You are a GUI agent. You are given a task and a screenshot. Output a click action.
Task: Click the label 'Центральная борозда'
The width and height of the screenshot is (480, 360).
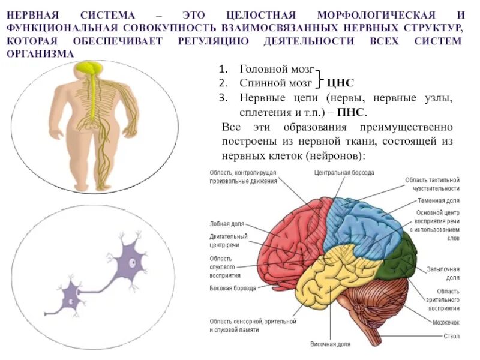click(x=344, y=172)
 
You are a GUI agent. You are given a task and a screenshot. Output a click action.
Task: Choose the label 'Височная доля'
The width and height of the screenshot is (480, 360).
click(x=329, y=344)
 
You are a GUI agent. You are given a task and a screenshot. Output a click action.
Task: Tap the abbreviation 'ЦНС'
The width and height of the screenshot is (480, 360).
click(x=342, y=83)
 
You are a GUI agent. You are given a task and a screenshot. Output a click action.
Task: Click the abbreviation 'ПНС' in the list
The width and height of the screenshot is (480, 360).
click(x=350, y=112)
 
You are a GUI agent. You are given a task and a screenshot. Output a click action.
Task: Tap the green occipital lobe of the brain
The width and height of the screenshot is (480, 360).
click(x=401, y=255)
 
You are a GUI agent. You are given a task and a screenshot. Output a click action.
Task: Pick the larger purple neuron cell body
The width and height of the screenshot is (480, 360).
click(x=133, y=259)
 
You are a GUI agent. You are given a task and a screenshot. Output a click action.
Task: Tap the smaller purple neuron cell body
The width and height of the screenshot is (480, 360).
click(x=72, y=295)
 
